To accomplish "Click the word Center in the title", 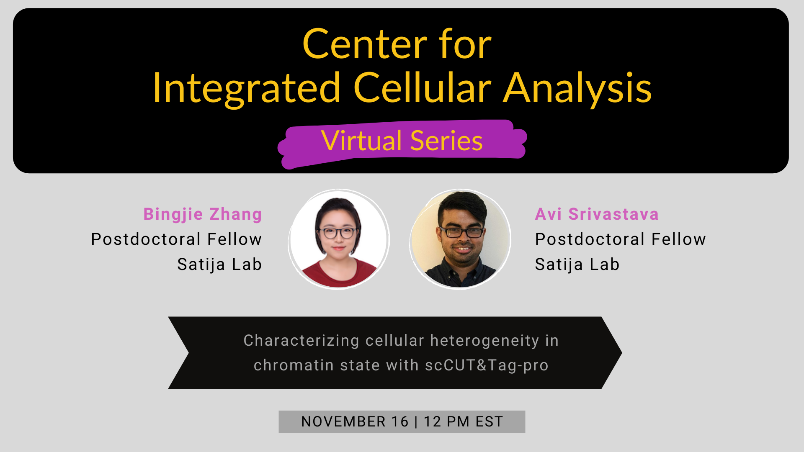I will coord(364,45).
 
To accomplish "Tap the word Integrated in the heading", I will coord(246,88).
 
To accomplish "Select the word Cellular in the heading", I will coord(422,88).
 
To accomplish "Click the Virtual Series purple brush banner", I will coord(402,141).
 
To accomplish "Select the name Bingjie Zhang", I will coord(203,214).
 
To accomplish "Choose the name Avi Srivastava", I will coord(597,214).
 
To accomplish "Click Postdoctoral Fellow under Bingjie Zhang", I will coord(176,239).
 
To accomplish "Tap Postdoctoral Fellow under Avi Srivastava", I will coord(620,239).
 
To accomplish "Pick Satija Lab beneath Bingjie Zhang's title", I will coord(219,265).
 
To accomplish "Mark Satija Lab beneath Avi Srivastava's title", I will coord(577,265).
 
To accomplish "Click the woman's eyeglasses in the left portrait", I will coord(338,233).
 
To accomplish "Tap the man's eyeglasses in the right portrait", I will coord(461,231).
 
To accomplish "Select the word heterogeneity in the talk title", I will coord(484,341).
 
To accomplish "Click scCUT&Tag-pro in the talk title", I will coord(487,365).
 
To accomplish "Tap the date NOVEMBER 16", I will coord(355,422).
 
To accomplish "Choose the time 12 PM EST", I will coord(463,422).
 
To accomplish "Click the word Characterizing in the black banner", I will coord(301,341).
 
